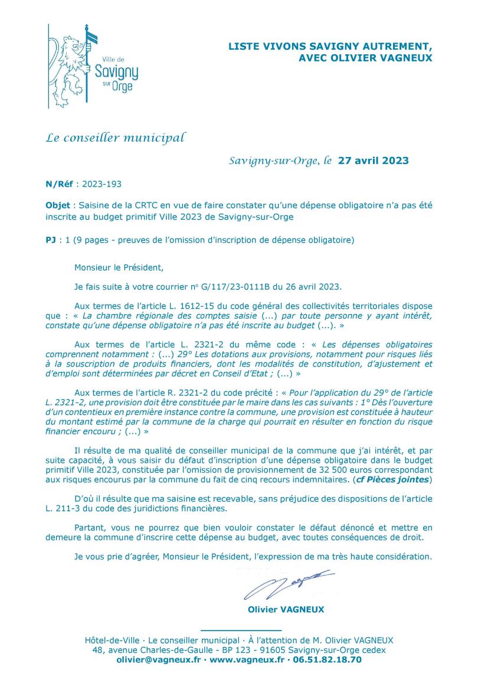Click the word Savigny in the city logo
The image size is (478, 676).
pyautogui.click(x=116, y=73)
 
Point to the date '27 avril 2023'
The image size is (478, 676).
pyautogui.click(x=373, y=161)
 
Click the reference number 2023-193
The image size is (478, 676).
pyautogui.click(x=102, y=184)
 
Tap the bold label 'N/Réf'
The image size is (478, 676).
pyautogui.click(x=58, y=184)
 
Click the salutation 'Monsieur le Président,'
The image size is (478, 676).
pyautogui.click(x=118, y=267)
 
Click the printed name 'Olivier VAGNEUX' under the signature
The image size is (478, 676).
pyautogui.click(x=286, y=609)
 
